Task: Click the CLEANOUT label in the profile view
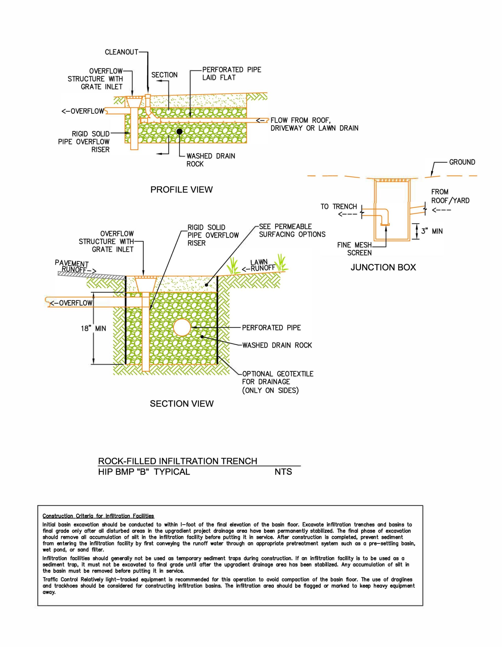[121, 52]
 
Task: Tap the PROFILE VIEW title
[182, 190]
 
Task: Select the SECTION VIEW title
[182, 404]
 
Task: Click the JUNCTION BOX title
[383, 267]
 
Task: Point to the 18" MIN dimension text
[93, 328]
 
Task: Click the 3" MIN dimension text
[432, 231]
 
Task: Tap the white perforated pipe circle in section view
[182, 327]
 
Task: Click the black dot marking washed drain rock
[179, 131]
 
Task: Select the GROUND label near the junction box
[462, 162]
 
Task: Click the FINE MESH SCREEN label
[355, 249]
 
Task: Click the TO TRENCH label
[339, 206]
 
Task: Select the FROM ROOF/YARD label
[450, 196]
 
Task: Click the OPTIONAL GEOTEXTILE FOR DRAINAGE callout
[277, 382]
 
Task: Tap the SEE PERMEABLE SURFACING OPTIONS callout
[292, 230]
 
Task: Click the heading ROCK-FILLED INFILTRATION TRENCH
[178, 461]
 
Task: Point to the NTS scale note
[283, 472]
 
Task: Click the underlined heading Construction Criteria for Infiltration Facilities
[98, 516]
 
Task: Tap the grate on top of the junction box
[392, 180]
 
